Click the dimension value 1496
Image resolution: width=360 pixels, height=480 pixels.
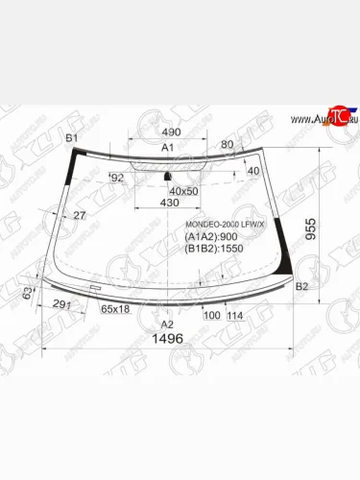tap(167, 341)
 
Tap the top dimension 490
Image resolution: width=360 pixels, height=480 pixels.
tap(171, 132)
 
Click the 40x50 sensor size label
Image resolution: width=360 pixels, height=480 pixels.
tap(185, 190)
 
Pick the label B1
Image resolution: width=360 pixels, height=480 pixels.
tap(70, 139)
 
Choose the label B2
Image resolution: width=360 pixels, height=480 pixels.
tap(301, 287)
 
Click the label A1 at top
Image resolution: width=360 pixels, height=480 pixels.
tap(166, 148)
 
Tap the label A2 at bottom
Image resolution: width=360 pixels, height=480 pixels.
tap(165, 325)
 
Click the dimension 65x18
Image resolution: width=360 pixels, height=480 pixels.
tap(116, 309)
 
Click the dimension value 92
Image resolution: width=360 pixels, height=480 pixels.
tap(117, 178)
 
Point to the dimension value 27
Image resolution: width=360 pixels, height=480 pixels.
tap(78, 216)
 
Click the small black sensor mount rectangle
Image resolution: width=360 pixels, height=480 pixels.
tap(169, 177)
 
